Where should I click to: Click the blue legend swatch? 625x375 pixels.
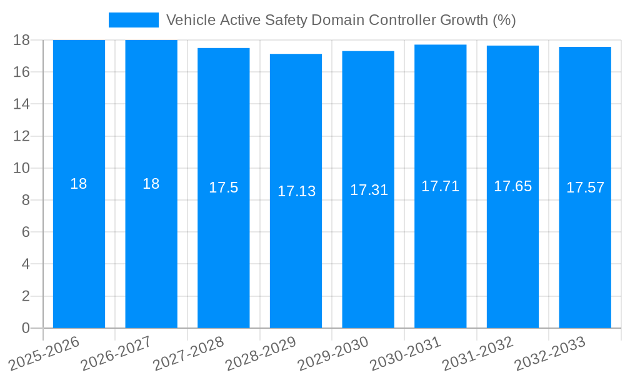[133, 20]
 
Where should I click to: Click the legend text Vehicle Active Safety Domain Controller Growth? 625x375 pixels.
[341, 20]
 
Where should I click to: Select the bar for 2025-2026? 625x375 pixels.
[79, 250]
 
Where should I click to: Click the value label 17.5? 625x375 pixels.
[223, 187]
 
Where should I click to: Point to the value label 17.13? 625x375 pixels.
[296, 191]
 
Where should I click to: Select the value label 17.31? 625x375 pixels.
[368, 190]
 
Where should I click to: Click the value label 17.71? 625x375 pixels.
[440, 186]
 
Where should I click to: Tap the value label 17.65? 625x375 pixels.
[512, 186]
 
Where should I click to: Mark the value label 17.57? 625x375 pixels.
[585, 187]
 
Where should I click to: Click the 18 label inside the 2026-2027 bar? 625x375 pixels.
[151, 184]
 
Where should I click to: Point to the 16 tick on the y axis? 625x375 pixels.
[21, 72]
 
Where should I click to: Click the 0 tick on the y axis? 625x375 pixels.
[26, 328]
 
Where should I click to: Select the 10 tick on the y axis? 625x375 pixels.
[21, 168]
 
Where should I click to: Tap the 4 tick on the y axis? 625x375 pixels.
[26, 264]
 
